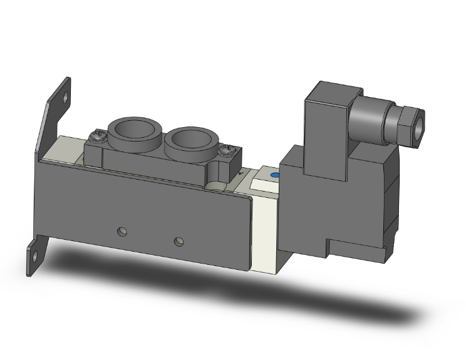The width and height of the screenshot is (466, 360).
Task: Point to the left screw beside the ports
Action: (97, 135)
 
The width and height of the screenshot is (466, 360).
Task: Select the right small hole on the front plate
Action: (180, 241)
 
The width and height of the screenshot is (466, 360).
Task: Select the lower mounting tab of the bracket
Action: (34, 257)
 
